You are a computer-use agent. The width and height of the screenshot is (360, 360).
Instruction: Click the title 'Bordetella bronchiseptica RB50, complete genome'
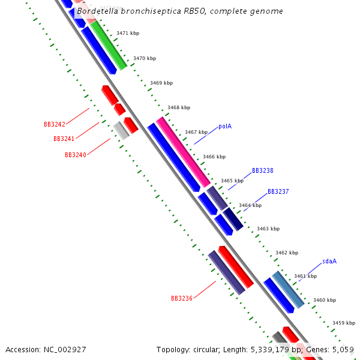click(180, 11)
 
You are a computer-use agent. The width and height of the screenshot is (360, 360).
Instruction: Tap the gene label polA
click(225, 126)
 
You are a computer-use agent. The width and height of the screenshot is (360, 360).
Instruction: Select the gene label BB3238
click(262, 170)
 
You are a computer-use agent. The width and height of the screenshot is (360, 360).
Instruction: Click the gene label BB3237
click(278, 191)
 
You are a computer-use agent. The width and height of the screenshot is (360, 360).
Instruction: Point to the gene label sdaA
click(329, 261)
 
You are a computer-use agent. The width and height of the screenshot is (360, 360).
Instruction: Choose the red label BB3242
click(55, 124)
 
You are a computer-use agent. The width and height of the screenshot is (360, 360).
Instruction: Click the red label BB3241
click(64, 139)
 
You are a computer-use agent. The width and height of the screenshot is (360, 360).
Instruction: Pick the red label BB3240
click(76, 155)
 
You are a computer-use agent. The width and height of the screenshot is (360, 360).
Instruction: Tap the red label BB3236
click(182, 298)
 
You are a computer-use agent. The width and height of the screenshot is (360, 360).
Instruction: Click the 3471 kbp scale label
click(128, 33)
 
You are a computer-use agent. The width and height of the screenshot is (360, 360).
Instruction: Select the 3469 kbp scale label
click(161, 83)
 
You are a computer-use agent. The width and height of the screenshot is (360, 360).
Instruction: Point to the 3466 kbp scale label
click(214, 157)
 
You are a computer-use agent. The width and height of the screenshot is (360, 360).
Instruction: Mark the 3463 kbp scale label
click(268, 229)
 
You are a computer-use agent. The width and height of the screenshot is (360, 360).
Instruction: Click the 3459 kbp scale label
click(344, 323)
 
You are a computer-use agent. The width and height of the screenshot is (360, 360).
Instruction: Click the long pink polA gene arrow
click(184, 151)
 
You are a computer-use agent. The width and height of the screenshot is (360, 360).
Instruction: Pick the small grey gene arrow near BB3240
click(121, 130)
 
